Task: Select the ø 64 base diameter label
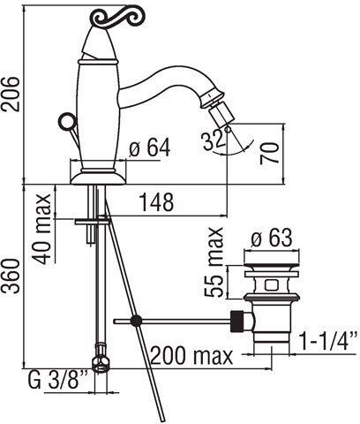[x=150, y=148]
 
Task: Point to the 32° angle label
[x=214, y=140]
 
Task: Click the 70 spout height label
[x=269, y=153]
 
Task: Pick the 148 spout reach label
[x=156, y=202]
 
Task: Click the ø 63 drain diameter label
[x=272, y=238]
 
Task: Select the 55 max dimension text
[x=214, y=262]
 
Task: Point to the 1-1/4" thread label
[x=328, y=340]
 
